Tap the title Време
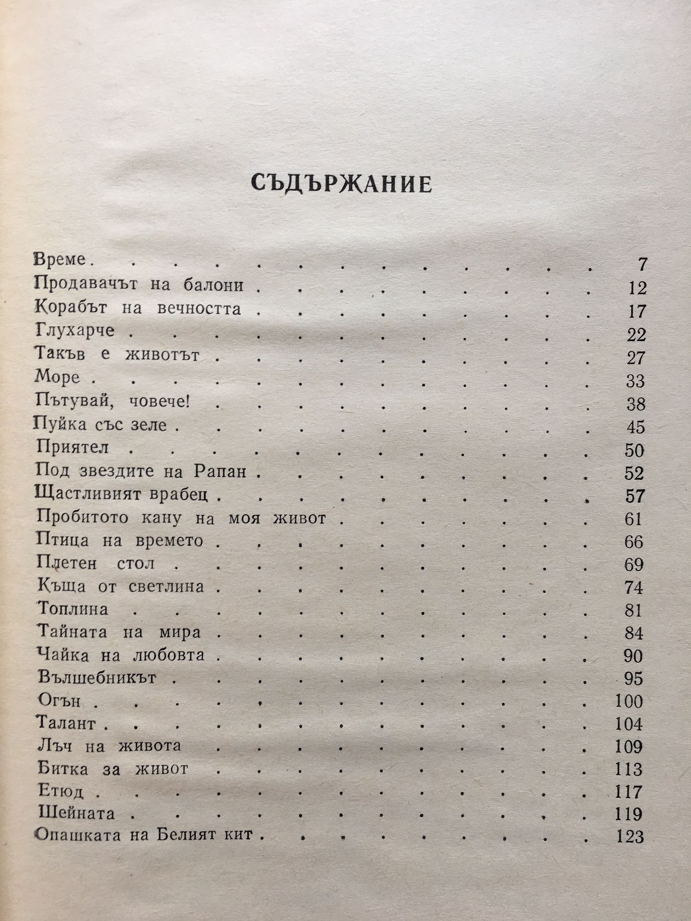(x=60, y=259)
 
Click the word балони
(x=213, y=286)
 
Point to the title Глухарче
(x=75, y=331)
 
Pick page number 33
(x=636, y=381)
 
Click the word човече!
(x=159, y=402)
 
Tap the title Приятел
(x=72, y=447)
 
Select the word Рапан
(x=220, y=472)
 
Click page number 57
(x=635, y=496)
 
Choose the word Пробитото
(x=82, y=518)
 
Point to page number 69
(x=633, y=565)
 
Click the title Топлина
(x=73, y=609)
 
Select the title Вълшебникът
(x=97, y=678)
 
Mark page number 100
(x=629, y=701)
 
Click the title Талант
(x=66, y=723)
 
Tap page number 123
(x=629, y=837)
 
